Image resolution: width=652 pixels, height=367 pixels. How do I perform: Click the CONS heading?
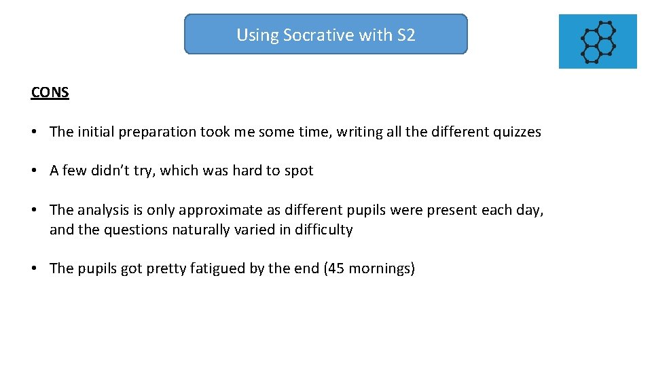(x=50, y=92)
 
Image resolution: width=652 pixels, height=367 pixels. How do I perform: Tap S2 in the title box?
(x=405, y=35)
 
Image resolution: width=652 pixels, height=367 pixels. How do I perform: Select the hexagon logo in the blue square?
(x=598, y=41)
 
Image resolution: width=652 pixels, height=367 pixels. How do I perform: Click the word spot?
(x=299, y=171)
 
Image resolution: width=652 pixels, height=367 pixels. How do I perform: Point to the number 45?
(x=336, y=268)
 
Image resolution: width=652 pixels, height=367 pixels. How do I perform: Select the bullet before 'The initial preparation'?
(x=34, y=133)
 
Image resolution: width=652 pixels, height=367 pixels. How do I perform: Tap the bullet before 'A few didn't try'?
(x=34, y=171)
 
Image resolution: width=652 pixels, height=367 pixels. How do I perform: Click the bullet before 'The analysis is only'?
(x=34, y=211)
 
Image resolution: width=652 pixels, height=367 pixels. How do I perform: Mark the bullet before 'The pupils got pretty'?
(x=34, y=269)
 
